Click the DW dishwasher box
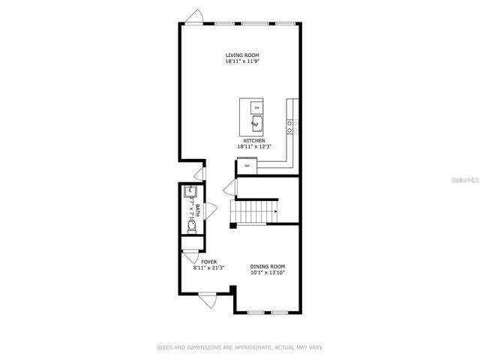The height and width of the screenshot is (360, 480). [x=255, y=107]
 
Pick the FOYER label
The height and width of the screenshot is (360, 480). [x=209, y=262]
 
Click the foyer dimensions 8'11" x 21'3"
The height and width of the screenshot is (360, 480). [x=209, y=268]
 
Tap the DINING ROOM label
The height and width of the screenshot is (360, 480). [x=267, y=266]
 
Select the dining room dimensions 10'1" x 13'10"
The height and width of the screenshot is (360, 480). [x=267, y=273]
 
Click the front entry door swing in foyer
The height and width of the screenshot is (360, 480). [x=208, y=300]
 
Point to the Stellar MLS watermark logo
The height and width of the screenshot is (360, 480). [x=463, y=180]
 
